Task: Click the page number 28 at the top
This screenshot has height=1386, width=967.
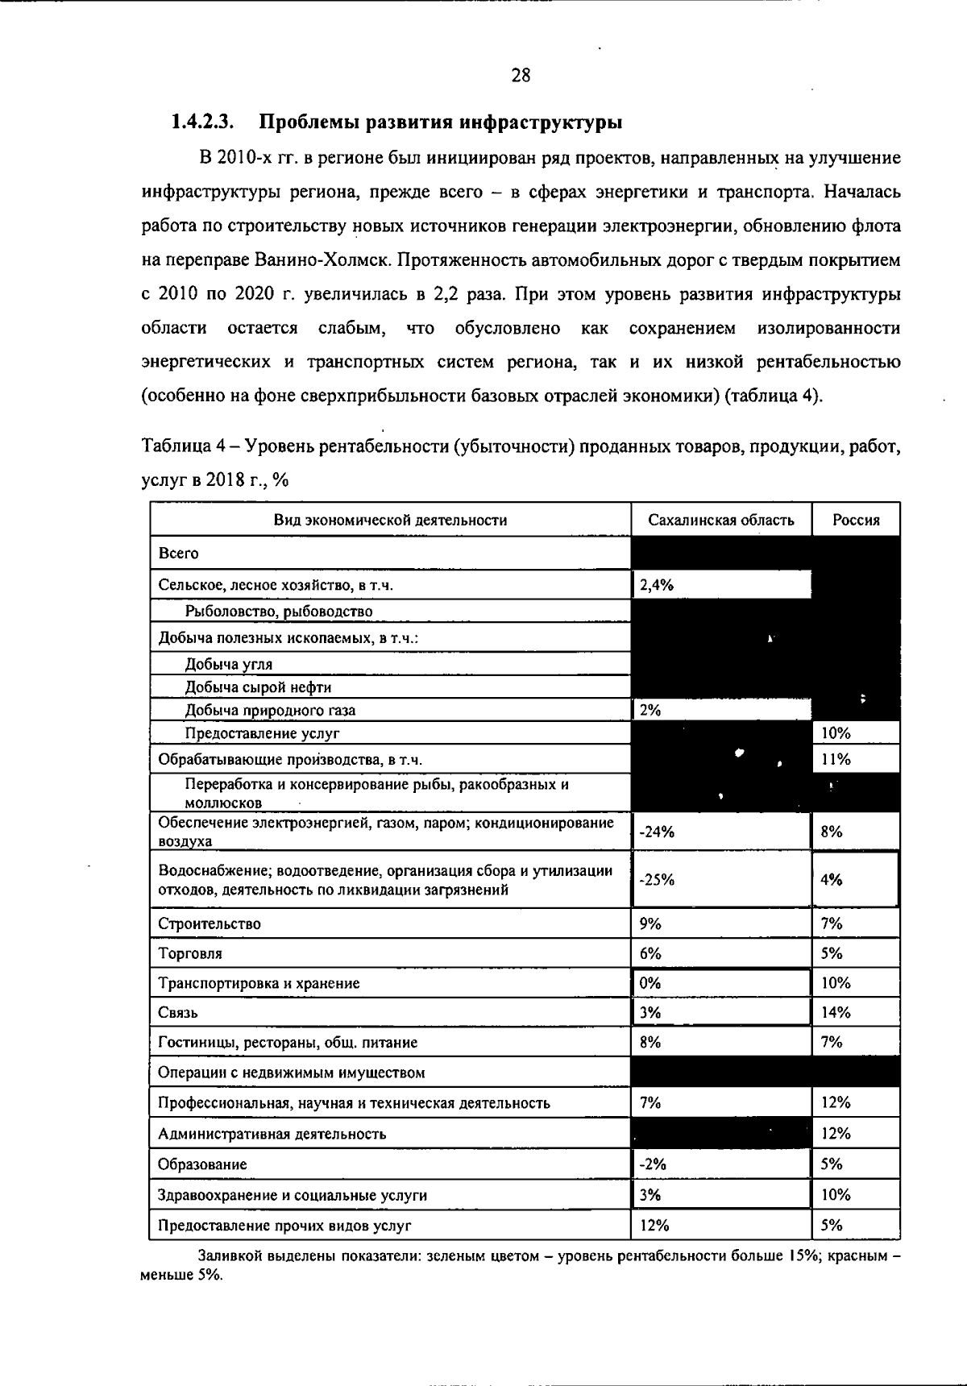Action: (x=521, y=76)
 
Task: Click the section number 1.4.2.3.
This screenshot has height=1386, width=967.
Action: (x=203, y=122)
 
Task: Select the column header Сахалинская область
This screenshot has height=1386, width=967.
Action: (x=720, y=520)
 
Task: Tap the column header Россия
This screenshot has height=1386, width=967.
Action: (x=856, y=520)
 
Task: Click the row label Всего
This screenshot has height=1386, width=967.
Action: (x=179, y=554)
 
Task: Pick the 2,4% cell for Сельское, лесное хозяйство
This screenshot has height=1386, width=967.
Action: (x=656, y=586)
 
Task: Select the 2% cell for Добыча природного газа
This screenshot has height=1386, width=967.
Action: (x=650, y=710)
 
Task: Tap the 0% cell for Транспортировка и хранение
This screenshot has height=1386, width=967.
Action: (x=650, y=983)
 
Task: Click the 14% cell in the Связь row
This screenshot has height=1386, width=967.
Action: (x=836, y=1013)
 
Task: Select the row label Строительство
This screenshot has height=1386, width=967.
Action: (x=210, y=924)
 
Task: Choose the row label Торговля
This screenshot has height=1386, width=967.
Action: (x=190, y=954)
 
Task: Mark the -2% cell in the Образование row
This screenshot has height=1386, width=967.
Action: (x=653, y=1164)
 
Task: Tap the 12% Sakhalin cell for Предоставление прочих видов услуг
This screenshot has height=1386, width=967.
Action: (x=654, y=1226)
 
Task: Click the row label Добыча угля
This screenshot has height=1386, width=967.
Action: (x=229, y=665)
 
